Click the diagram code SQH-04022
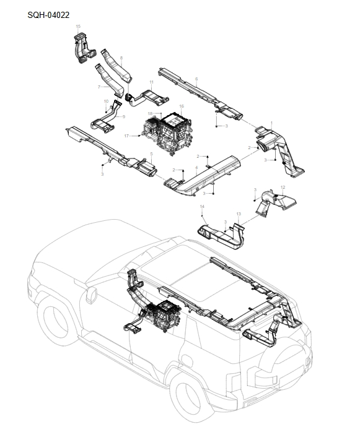click(49, 14)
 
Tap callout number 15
click(78, 27)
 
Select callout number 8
click(121, 58)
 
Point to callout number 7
click(99, 87)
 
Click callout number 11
click(151, 82)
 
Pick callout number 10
click(106, 101)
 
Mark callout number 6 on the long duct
click(196, 79)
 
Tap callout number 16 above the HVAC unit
click(182, 106)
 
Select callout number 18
click(150, 113)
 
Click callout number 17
click(126, 136)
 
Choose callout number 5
click(152, 154)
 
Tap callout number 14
click(201, 205)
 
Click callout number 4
click(196, 167)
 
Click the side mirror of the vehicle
click(91, 295)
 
